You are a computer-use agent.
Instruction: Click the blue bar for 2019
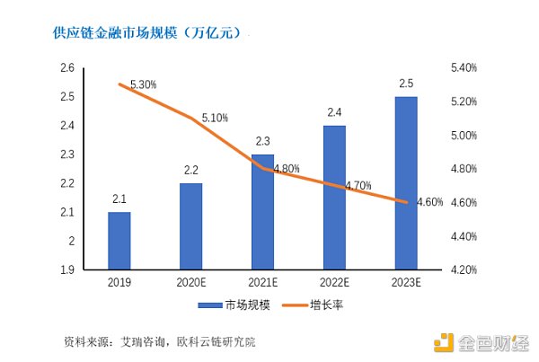point(119,241)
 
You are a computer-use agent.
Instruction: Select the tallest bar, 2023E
point(406,182)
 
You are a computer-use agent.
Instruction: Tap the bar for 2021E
point(262,211)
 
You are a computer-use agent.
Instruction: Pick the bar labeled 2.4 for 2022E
point(334,197)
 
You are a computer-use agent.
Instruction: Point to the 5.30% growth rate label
point(144,84)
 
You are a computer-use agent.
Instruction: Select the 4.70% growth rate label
point(358,185)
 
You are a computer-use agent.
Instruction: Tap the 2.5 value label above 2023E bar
point(406,84)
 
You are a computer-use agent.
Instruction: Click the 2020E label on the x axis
point(190,283)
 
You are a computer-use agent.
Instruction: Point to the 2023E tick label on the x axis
point(406,283)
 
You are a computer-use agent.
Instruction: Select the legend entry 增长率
point(314,305)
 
